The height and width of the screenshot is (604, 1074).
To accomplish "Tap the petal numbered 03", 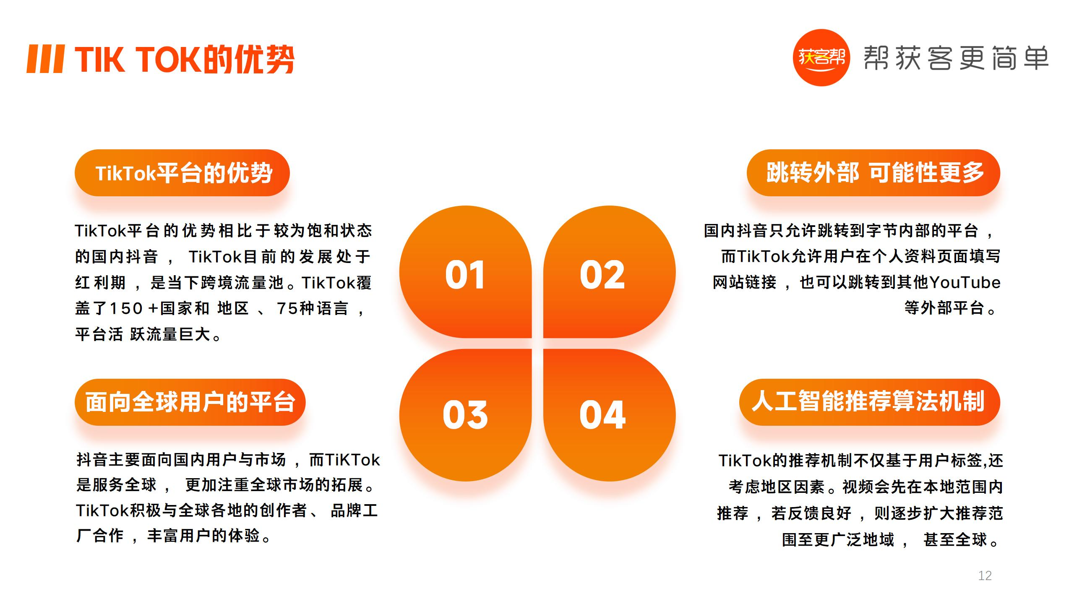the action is pyautogui.click(x=465, y=415).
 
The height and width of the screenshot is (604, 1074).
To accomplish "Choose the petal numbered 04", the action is pyautogui.click(x=609, y=415).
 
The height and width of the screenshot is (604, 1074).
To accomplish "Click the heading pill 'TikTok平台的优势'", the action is pyautogui.click(x=182, y=173).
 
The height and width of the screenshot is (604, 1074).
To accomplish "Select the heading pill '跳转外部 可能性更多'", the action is pyautogui.click(x=873, y=173).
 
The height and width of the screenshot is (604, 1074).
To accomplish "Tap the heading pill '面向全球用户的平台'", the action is pyautogui.click(x=190, y=402).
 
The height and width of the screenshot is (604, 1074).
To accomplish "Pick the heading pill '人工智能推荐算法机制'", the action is pyautogui.click(x=870, y=402).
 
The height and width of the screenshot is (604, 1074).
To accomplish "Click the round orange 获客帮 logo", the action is pyautogui.click(x=821, y=57).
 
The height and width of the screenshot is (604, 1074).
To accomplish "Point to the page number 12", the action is pyautogui.click(x=985, y=575).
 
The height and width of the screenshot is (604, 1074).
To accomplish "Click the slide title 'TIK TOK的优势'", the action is pyautogui.click(x=185, y=60).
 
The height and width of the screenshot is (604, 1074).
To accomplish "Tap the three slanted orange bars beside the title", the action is pyautogui.click(x=46, y=59).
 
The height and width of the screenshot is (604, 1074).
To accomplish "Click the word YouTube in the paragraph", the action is pyautogui.click(x=965, y=283).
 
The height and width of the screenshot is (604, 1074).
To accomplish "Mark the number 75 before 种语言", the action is pyautogui.click(x=287, y=308).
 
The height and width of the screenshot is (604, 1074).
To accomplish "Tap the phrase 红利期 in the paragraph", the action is pyautogui.click(x=100, y=283).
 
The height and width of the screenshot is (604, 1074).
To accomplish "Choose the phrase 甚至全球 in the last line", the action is pyautogui.click(x=955, y=539).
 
